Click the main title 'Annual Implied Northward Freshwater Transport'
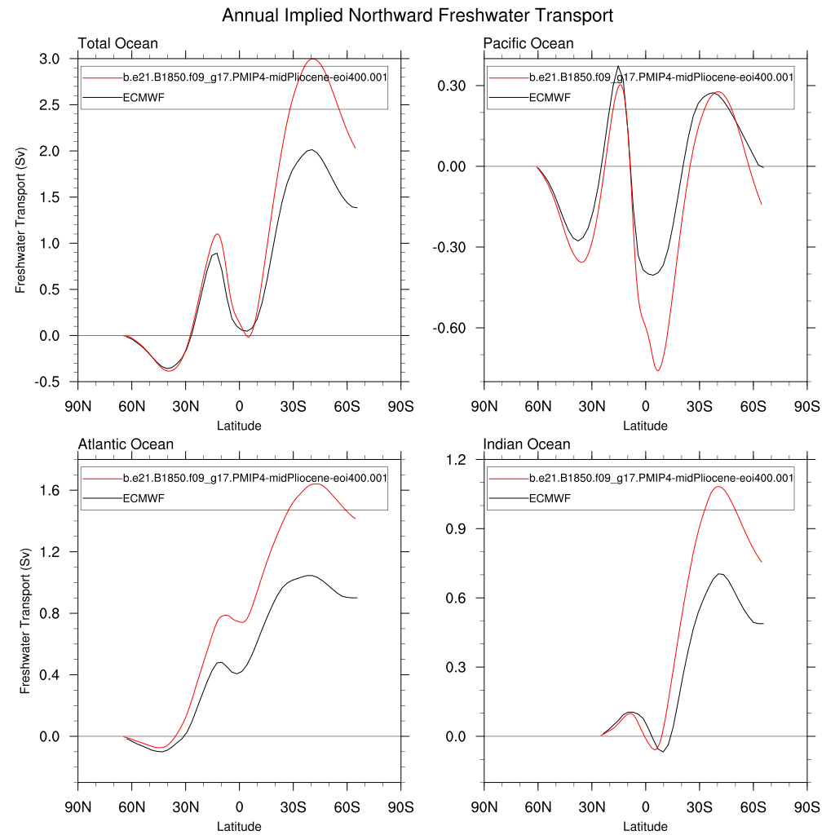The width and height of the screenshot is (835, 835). tap(417, 15)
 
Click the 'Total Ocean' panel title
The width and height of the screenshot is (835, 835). tap(117, 43)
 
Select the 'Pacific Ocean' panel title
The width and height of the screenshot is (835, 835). tap(528, 43)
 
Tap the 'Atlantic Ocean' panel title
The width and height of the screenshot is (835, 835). tap(126, 444)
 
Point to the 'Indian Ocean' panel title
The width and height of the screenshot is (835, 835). tap(527, 444)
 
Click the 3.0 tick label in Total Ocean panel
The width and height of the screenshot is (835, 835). tap(49, 60)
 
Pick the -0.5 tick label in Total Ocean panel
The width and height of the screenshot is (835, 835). tap(47, 382)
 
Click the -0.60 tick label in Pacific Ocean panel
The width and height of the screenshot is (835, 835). tap(451, 328)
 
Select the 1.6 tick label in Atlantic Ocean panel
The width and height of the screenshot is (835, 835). tap(52, 490)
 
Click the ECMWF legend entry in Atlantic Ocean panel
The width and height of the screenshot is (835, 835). tap(144, 498)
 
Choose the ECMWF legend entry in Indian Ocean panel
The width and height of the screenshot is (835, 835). tap(550, 498)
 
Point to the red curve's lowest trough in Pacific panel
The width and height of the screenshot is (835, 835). tap(657, 370)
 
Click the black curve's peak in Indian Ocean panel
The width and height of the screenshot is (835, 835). tap(719, 574)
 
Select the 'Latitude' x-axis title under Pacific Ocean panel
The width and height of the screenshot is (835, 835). tap(645, 426)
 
